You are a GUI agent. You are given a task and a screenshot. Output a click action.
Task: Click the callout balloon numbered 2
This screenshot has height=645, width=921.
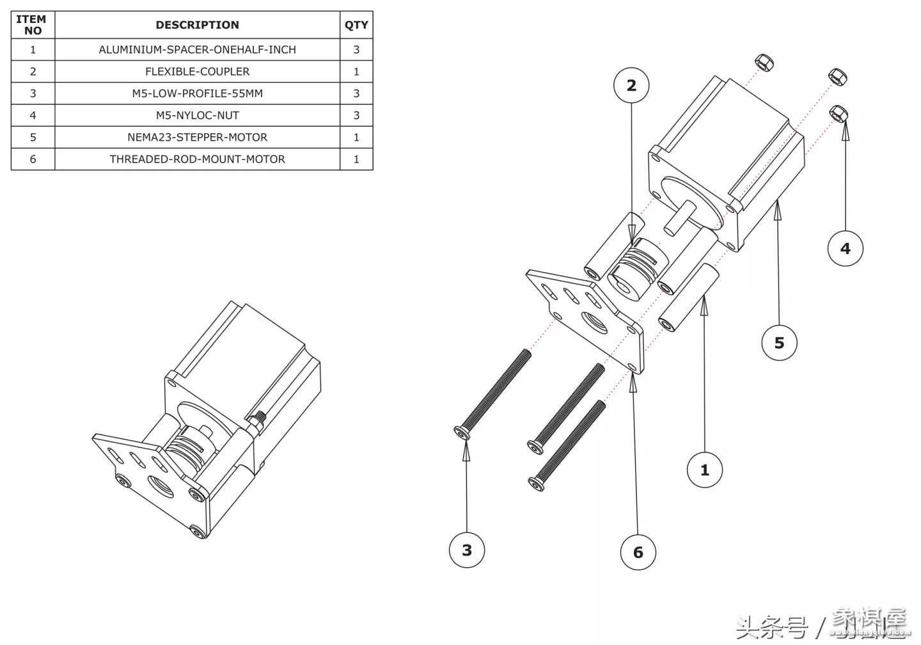tap(631, 85)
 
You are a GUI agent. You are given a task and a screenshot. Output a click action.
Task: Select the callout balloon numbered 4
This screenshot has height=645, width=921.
tap(845, 248)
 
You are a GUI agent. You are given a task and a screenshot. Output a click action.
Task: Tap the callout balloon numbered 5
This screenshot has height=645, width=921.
tap(779, 342)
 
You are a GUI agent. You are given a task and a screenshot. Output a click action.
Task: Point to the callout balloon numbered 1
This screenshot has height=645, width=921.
tap(704, 470)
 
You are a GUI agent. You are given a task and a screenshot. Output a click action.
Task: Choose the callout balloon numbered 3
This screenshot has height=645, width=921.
tap(467, 550)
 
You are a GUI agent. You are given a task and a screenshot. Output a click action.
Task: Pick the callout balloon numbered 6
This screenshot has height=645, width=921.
tap(638, 552)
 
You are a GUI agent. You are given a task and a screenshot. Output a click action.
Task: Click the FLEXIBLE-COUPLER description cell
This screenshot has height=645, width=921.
tap(197, 72)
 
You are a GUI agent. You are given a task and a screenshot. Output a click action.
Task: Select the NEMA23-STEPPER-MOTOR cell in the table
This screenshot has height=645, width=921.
tap(197, 137)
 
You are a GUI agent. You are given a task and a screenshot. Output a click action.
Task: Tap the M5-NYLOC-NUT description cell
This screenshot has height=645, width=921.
tap(197, 115)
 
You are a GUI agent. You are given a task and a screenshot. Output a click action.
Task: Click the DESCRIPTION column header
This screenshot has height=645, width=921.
tap(197, 25)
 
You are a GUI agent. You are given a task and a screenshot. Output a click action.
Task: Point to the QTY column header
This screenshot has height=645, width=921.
tap(356, 25)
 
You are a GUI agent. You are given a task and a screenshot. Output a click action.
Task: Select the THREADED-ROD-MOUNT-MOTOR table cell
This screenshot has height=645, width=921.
tap(197, 159)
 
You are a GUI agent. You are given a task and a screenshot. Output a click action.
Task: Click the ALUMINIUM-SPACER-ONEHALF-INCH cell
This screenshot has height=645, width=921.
tap(197, 49)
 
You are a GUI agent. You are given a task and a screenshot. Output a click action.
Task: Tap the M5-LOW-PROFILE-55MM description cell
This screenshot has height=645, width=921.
tap(197, 93)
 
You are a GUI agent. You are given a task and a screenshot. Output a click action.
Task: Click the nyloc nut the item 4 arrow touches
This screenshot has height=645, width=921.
tap(838, 114)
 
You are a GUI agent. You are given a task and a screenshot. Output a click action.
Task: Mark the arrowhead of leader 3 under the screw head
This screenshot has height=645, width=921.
tap(466, 449)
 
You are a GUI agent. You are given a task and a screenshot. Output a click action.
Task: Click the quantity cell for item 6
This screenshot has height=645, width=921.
tap(356, 159)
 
